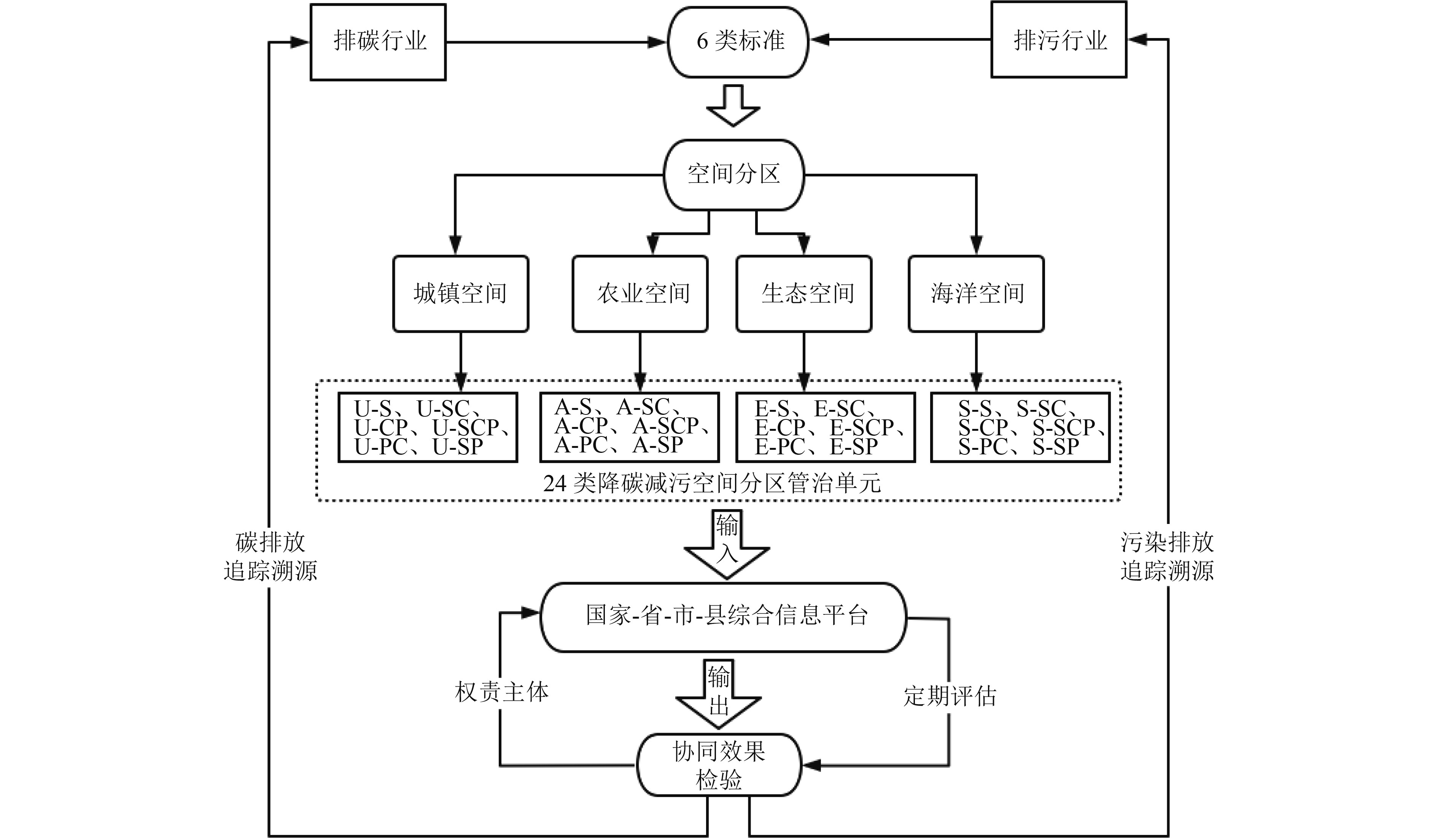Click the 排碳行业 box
tap(378, 42)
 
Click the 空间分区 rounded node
tap(733, 175)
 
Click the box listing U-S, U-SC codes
tap(428, 427)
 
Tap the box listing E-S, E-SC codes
tap(826, 427)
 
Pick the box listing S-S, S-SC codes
tap(1020, 427)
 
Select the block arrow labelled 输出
tap(718, 693)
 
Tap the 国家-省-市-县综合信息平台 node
tap(723, 617)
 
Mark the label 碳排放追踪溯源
tap(270, 556)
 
